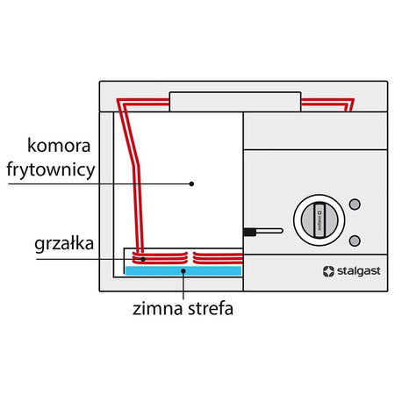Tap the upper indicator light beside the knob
pyautogui.click(x=355, y=205)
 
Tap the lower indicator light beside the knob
pyautogui.click(x=355, y=241)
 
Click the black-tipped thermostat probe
pyautogui.click(x=251, y=232)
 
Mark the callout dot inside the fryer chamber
pyautogui.click(x=191, y=183)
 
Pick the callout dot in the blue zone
pyautogui.click(x=183, y=272)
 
